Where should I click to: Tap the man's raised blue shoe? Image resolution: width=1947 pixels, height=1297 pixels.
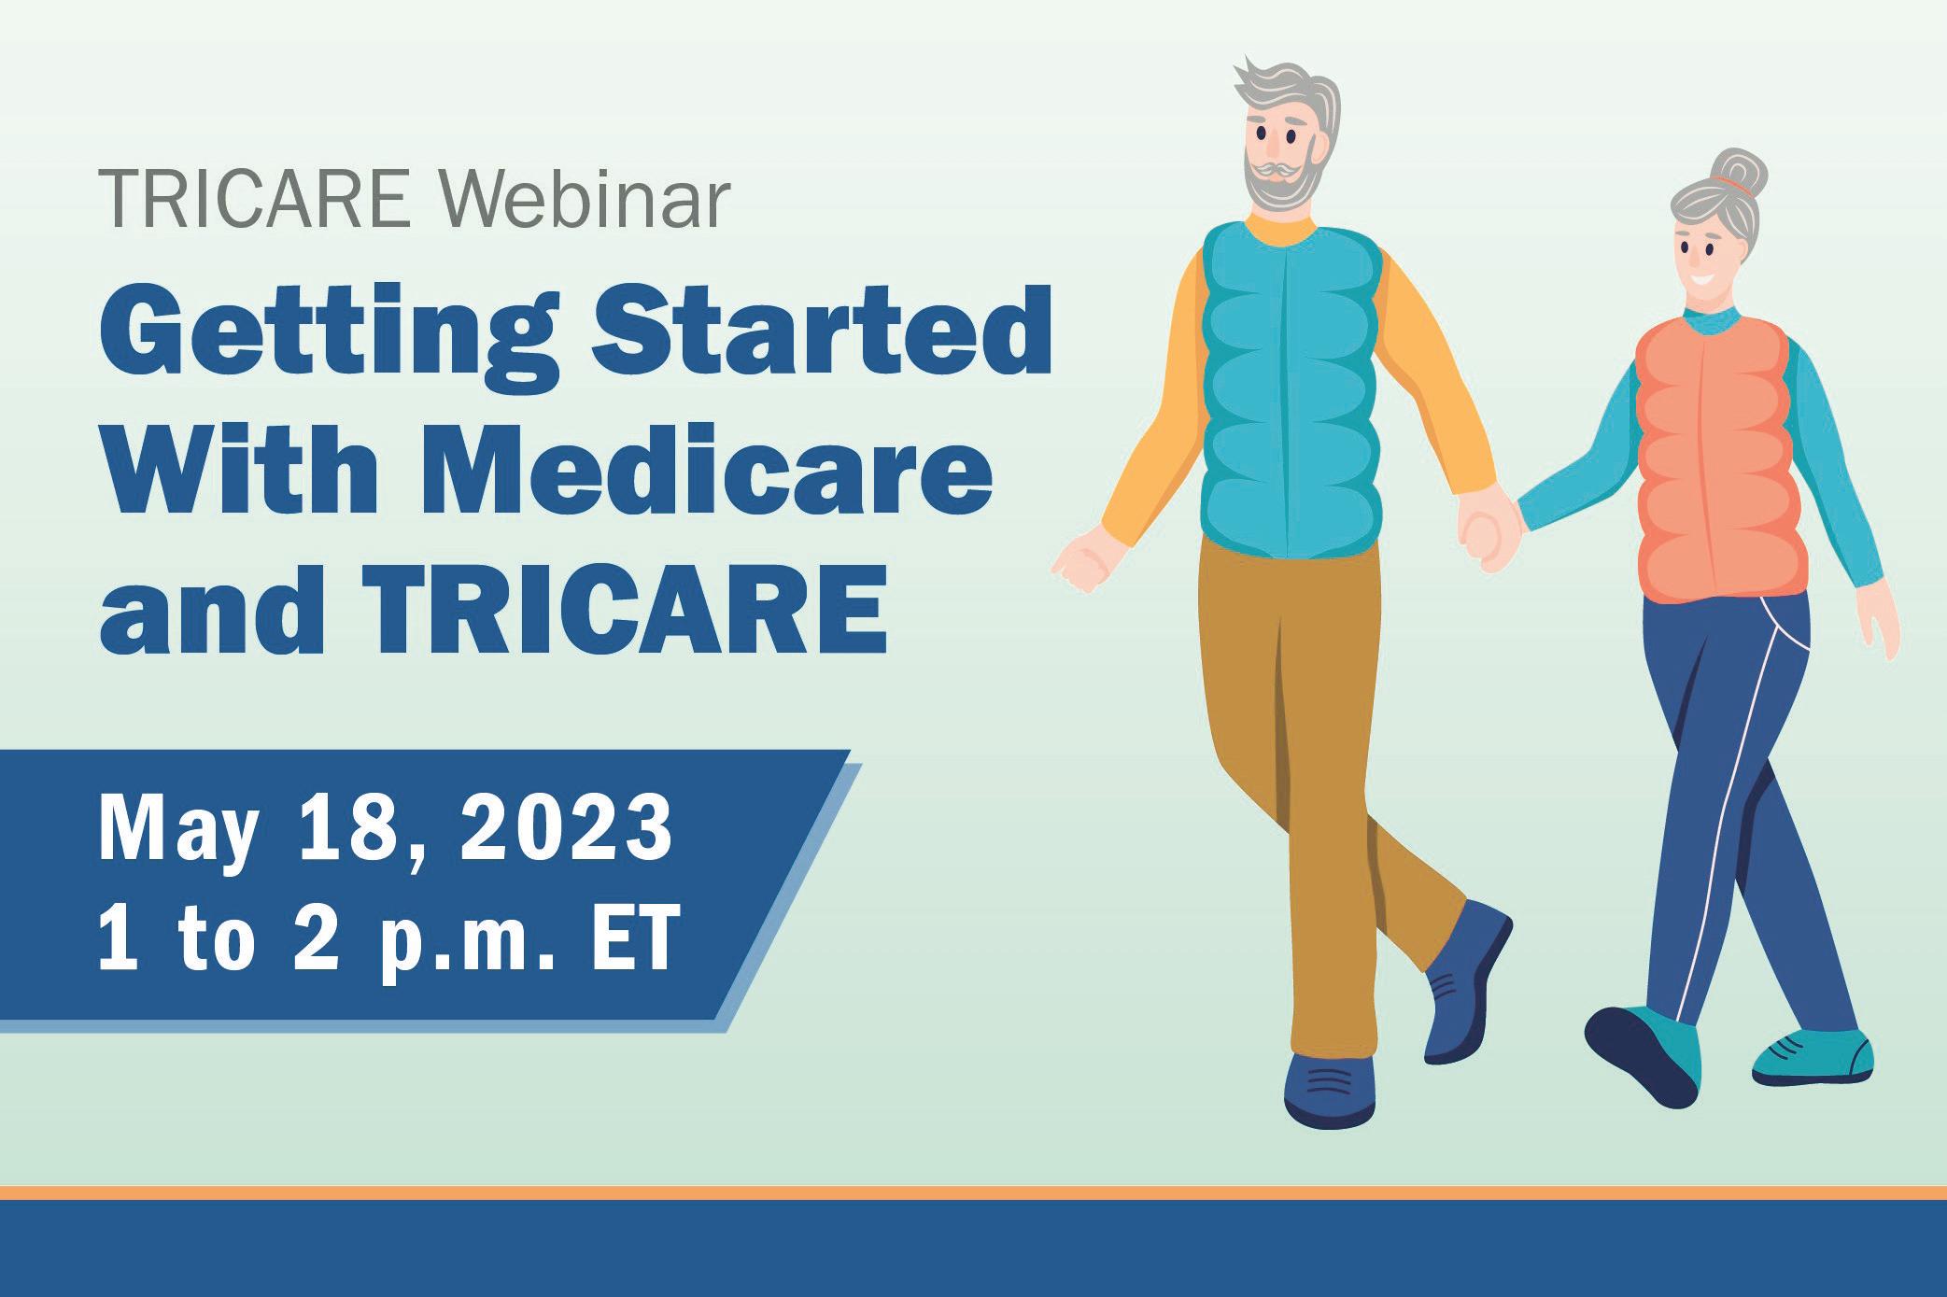(1466, 980)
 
